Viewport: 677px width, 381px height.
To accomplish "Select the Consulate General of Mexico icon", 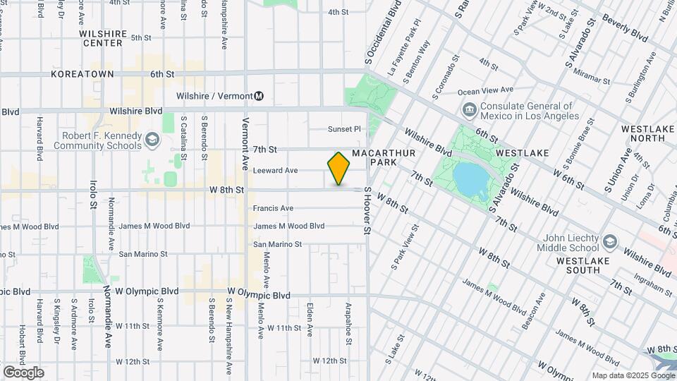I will pos(469,111).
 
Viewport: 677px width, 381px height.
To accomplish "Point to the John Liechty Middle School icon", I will pos(608,243).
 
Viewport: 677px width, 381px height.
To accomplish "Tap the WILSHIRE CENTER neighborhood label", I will pos(102,38).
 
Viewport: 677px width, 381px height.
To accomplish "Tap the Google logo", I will pos(23,373).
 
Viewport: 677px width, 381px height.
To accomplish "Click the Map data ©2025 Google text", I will pos(632,375).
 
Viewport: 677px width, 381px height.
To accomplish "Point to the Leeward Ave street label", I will pos(275,170).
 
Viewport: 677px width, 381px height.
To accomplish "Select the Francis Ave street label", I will pos(273,208).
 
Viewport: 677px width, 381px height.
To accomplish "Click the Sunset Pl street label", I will pos(344,129).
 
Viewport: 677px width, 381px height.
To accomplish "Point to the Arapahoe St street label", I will pos(348,324).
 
